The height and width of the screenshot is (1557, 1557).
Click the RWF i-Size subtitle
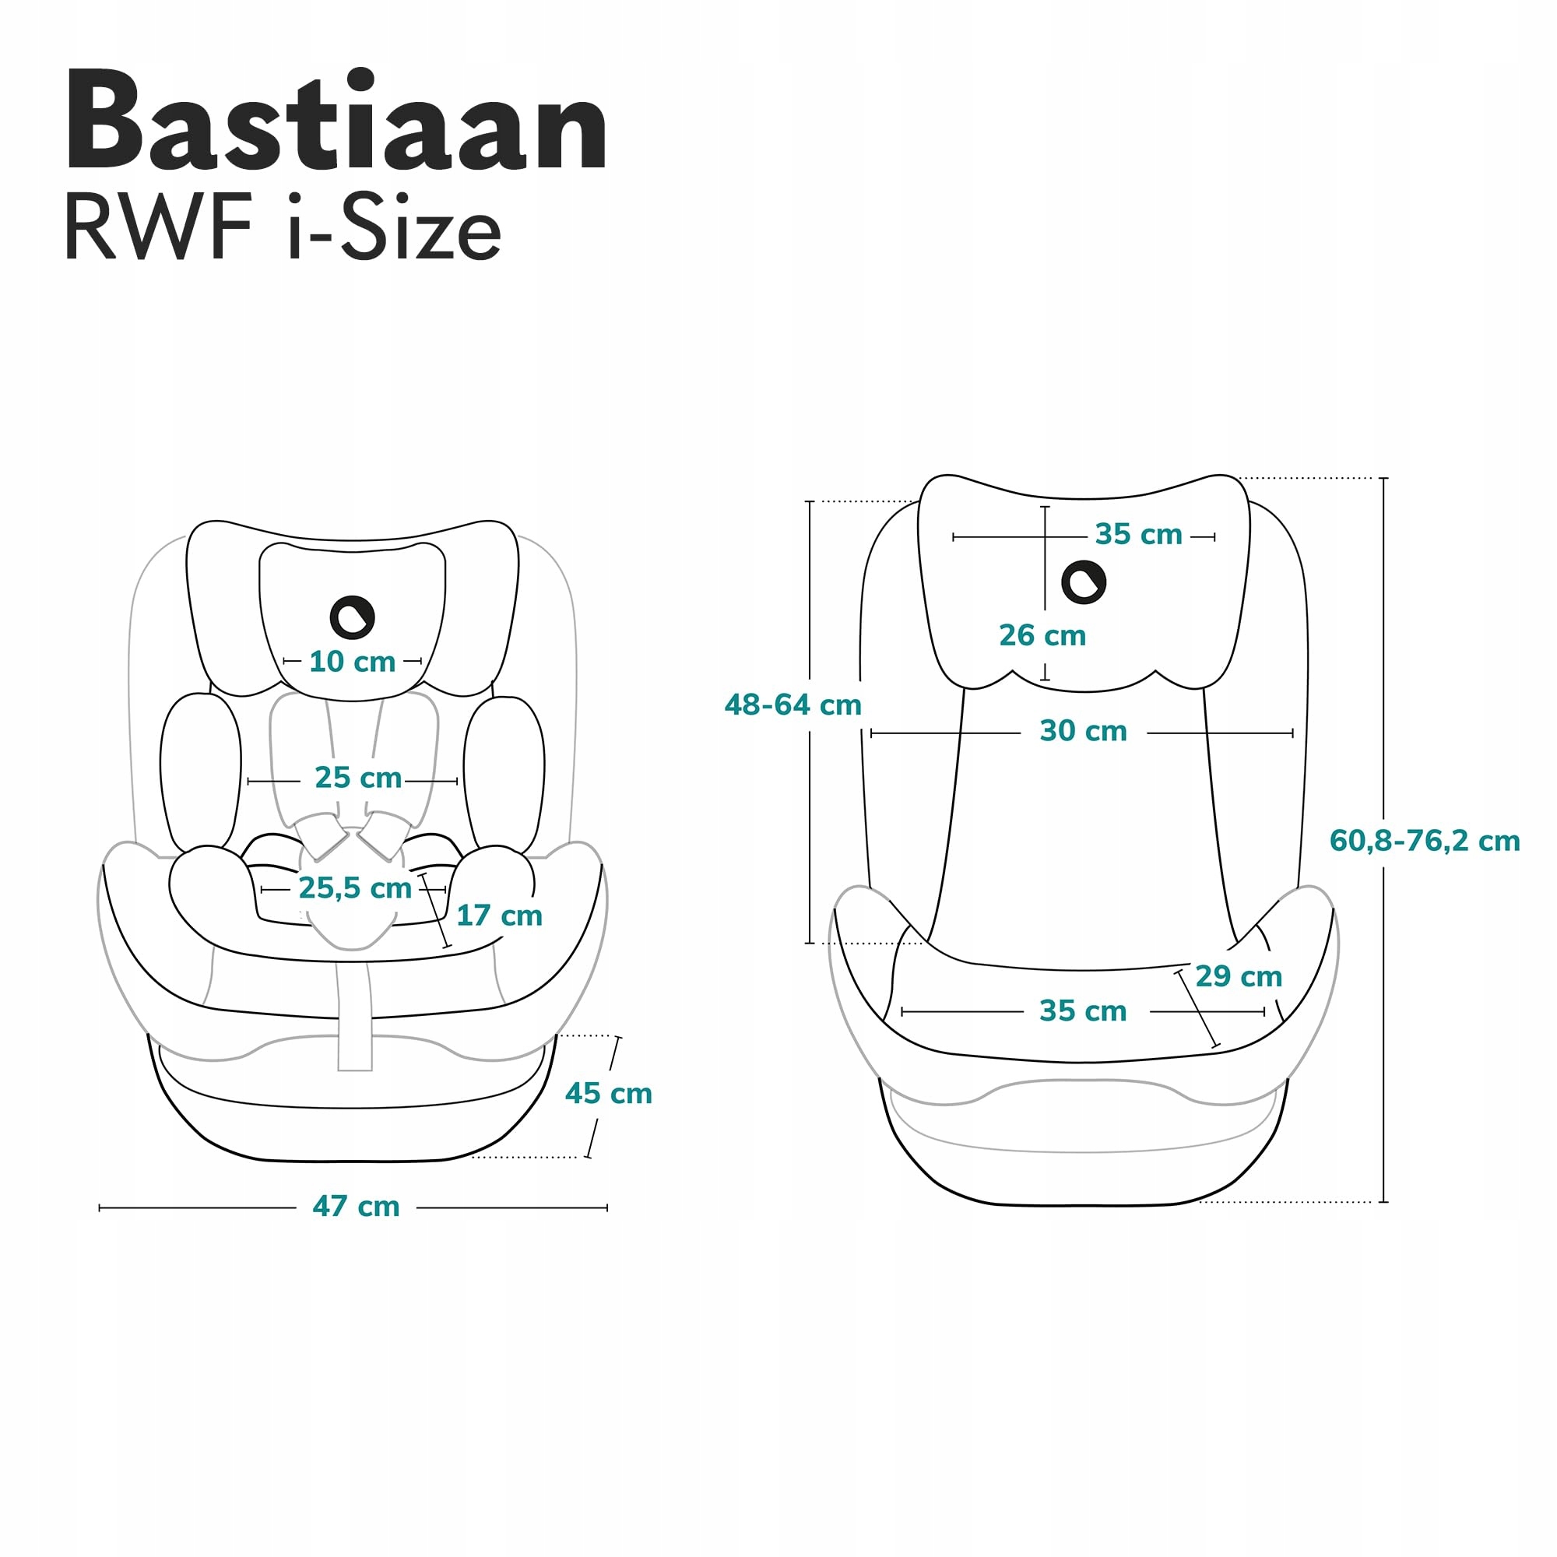[x=282, y=228]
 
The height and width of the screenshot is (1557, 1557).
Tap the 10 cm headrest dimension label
[x=352, y=662]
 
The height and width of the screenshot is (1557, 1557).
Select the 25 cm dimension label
[x=358, y=778]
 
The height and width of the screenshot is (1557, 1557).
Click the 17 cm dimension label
[x=499, y=916]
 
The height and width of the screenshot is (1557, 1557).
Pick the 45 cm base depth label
[x=609, y=1094]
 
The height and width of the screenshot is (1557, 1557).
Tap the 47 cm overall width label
[x=356, y=1207]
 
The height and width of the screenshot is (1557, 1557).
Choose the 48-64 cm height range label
[x=793, y=705]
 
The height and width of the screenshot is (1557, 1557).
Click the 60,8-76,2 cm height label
[x=1424, y=841]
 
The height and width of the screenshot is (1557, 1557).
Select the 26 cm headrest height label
[x=1042, y=635]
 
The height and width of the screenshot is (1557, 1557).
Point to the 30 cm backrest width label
[x=1082, y=731]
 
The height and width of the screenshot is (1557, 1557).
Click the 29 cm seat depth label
[x=1238, y=976]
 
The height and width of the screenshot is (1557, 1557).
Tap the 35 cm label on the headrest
[x=1138, y=534]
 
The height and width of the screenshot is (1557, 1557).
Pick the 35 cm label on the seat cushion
[x=1082, y=1010]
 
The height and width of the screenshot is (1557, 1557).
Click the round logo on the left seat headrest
[x=352, y=617]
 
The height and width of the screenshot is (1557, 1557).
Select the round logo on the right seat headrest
[x=1083, y=582]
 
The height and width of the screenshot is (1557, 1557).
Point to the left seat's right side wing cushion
[x=504, y=774]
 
